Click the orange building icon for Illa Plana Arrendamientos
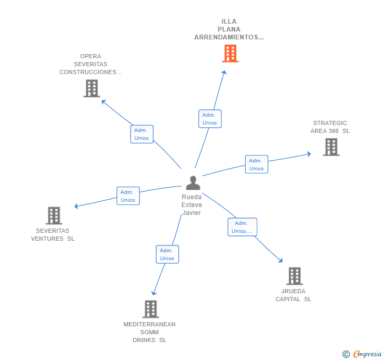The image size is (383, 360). click(230, 53)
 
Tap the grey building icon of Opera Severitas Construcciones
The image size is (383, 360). click(92, 88)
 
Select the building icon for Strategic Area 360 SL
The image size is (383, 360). click(331, 147)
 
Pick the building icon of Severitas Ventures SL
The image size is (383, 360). click(54, 215)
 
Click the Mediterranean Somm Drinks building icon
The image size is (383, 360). click(150, 309)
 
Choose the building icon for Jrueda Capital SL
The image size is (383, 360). click(294, 276)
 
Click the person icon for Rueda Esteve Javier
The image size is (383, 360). click(193, 183)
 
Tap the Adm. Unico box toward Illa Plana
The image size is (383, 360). click(209, 119)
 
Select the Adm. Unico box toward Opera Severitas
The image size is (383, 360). click(142, 134)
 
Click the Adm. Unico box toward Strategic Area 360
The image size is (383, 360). click(256, 164)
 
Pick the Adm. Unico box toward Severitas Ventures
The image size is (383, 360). click(128, 196)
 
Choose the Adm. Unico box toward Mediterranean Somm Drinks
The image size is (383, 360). click(167, 254)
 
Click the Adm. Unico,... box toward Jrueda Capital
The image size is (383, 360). click(242, 227)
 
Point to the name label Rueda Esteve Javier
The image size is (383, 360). click(191, 205)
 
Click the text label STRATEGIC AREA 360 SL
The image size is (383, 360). click(330, 127)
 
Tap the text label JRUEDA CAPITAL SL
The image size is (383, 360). click(294, 295)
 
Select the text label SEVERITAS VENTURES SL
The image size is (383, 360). click(53, 234)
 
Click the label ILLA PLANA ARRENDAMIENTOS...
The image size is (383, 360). click(229, 29)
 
